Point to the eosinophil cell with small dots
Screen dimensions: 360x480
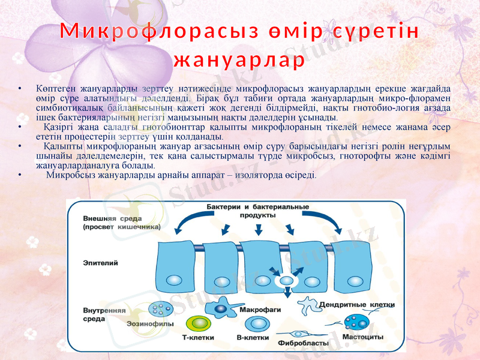(161, 310)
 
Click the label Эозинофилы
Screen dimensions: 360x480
(150, 323)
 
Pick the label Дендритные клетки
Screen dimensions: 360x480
(356, 305)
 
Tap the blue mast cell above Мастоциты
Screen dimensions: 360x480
(356, 323)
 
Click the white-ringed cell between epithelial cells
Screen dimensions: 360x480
(284, 280)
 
